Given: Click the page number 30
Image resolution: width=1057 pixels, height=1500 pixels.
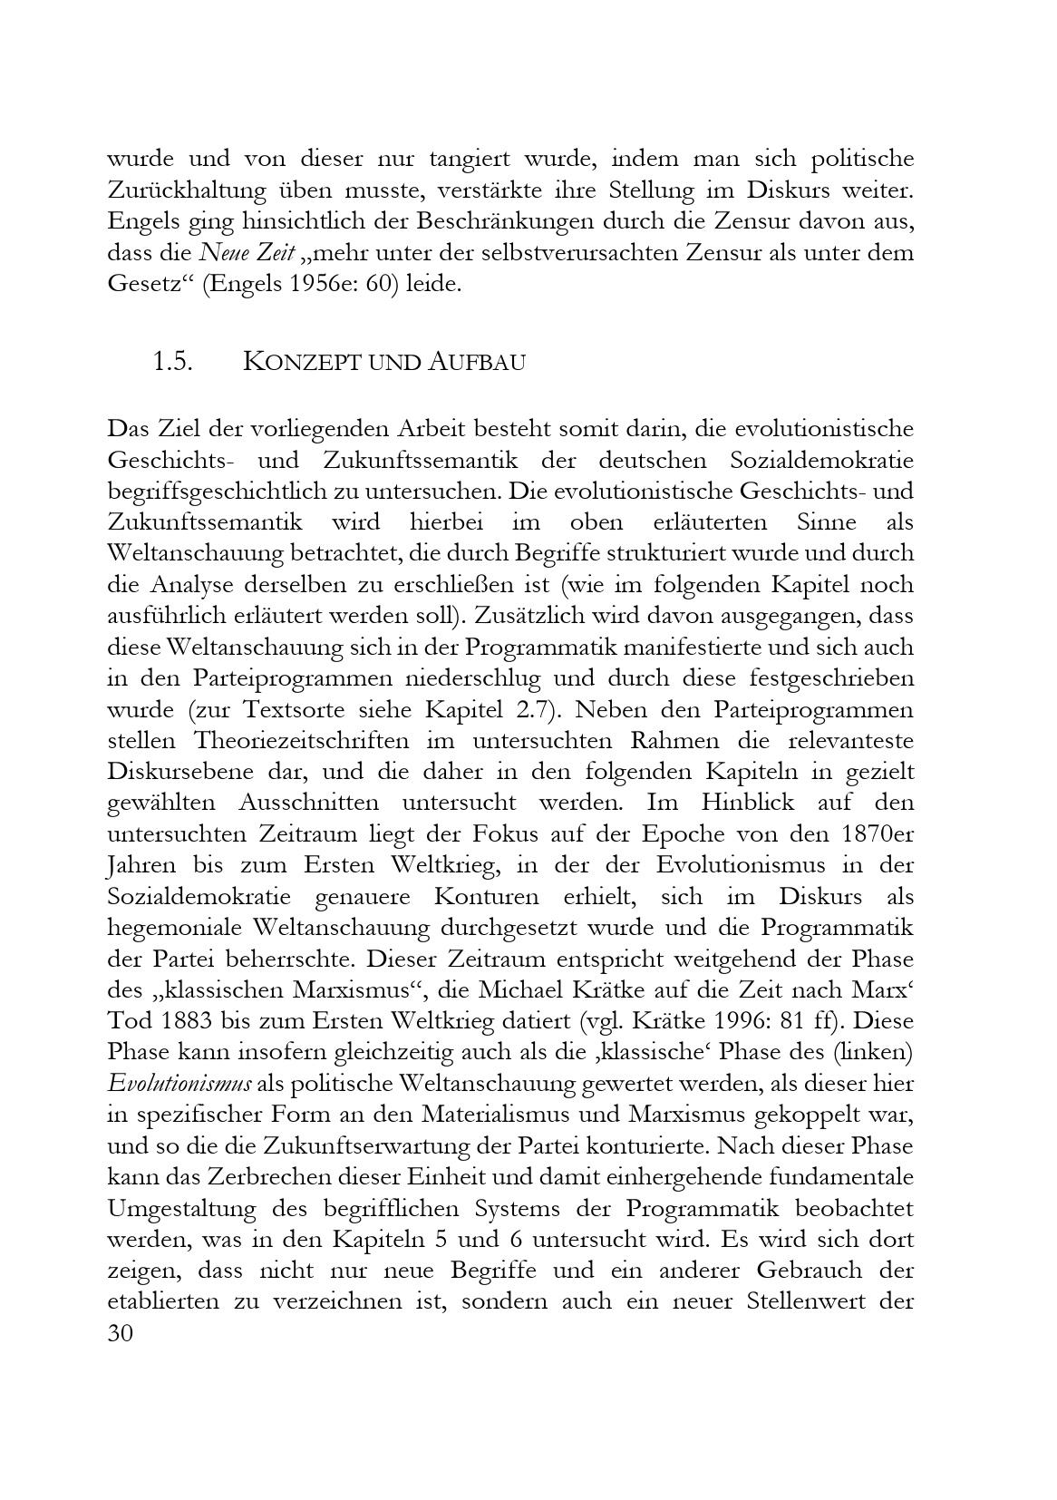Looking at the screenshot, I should click(x=121, y=1334).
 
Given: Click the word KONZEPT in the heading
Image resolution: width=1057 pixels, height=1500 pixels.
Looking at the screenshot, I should click(x=298, y=362).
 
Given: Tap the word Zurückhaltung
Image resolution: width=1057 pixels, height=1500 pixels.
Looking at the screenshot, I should click(x=195, y=190).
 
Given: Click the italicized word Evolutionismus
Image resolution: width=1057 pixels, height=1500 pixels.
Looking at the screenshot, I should click(x=179, y=1084).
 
